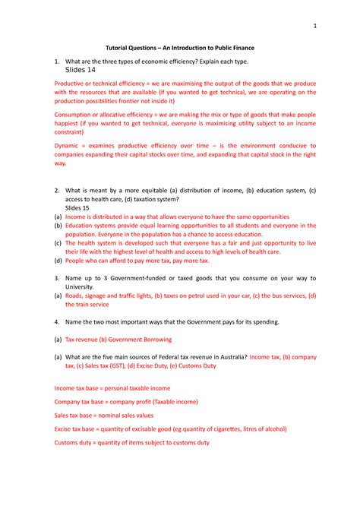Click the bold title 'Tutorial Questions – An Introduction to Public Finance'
coord(179,46)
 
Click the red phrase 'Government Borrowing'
coord(143,340)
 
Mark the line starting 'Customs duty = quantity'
coord(131,442)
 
